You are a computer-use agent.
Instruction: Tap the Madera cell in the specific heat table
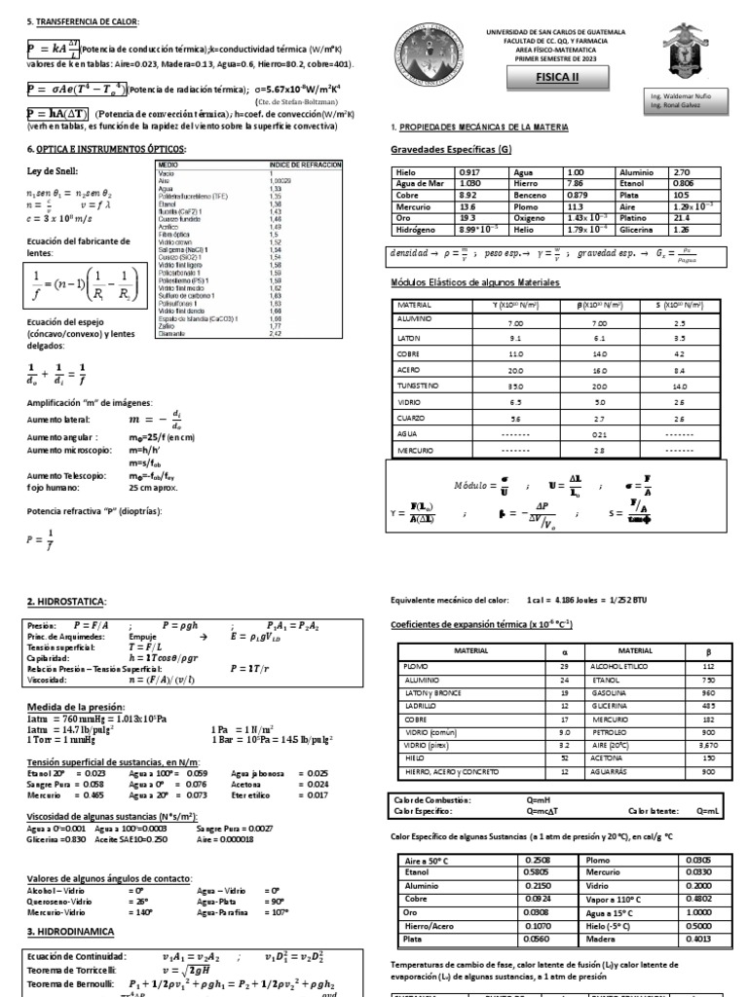602,939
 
